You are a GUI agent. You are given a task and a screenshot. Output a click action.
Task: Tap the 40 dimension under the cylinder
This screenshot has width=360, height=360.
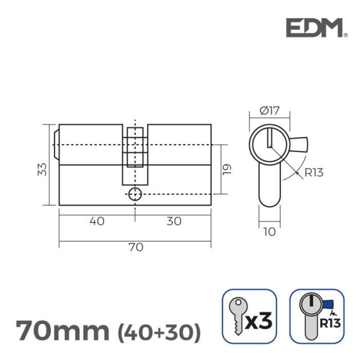[x=97, y=221]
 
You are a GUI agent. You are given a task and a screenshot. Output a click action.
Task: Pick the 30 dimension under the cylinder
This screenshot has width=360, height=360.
[x=174, y=221]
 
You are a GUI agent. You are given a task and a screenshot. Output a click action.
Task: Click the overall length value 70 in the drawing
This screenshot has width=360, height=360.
[x=135, y=247]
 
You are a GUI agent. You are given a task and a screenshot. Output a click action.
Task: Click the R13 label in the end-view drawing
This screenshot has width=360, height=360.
[x=314, y=172]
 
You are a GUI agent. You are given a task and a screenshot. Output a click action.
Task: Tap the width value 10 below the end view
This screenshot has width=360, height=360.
[x=269, y=232]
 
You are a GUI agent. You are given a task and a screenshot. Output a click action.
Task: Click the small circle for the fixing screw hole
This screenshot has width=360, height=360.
[x=135, y=194]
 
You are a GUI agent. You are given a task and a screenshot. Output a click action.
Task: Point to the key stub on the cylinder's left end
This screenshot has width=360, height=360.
[x=56, y=144]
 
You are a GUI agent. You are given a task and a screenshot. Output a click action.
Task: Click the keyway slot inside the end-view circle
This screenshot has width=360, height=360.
[x=268, y=138]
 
